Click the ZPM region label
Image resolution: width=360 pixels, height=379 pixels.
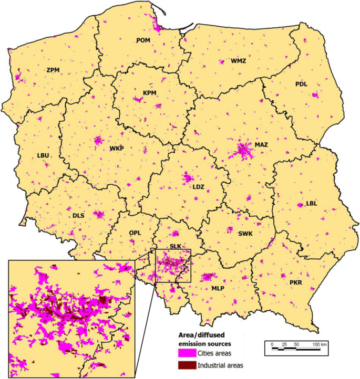point(53,69)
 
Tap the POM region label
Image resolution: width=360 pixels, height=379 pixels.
point(143,40)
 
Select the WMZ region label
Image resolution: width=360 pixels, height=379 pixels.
point(238,61)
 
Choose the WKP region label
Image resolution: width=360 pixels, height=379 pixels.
point(117,149)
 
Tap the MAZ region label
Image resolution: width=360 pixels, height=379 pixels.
point(262,144)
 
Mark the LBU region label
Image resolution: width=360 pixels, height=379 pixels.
point(43,155)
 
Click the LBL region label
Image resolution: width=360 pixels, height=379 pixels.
point(312,205)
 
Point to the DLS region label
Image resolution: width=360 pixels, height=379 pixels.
point(78,215)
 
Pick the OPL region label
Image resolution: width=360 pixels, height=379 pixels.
point(136,231)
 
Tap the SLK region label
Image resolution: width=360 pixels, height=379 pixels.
point(176,246)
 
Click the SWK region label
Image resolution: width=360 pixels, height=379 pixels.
point(245,234)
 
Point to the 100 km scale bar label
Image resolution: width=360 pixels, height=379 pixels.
point(320,344)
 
